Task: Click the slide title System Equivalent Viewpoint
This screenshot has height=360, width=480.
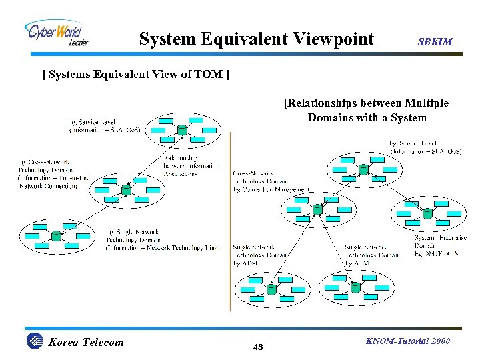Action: coord(256,39)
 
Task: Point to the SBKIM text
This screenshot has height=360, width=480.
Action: coord(435,42)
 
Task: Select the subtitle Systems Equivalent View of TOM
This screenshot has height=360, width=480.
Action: coord(136,74)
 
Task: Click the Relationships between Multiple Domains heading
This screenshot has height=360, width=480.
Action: coord(366,111)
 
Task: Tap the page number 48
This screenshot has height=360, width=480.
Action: coord(259,347)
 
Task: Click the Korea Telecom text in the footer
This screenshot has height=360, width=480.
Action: coord(86,343)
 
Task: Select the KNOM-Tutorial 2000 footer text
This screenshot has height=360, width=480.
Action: coord(408,341)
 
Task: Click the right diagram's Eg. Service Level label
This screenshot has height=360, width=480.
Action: coord(425,147)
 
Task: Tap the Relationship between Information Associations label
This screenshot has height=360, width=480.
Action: coord(190,166)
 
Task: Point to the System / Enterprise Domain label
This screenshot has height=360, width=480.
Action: coord(440,245)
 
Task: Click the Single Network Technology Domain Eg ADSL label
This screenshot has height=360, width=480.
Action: coord(260,255)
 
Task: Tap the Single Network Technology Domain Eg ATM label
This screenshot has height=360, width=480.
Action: coord(372,255)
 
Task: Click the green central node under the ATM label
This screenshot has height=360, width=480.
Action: coord(355,287)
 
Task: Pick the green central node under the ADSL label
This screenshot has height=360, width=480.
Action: coord(272,289)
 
